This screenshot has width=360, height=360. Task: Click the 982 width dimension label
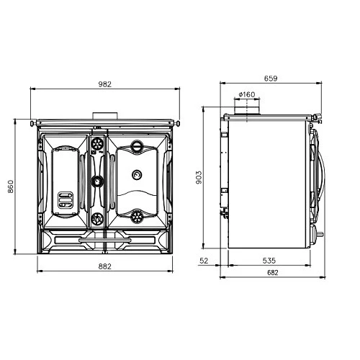[105, 84]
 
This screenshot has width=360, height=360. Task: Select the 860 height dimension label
[11, 186]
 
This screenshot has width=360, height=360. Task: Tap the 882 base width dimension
[105, 266]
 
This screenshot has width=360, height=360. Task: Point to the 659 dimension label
[271, 78]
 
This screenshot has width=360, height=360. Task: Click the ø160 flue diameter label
[247, 94]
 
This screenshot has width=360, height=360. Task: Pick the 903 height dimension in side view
[199, 177]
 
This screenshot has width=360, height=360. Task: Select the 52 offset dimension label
[204, 261]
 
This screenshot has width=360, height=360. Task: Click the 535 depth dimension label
[269, 261]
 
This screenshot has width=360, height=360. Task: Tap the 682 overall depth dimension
[273, 273]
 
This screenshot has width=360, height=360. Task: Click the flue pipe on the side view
[247, 110]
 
